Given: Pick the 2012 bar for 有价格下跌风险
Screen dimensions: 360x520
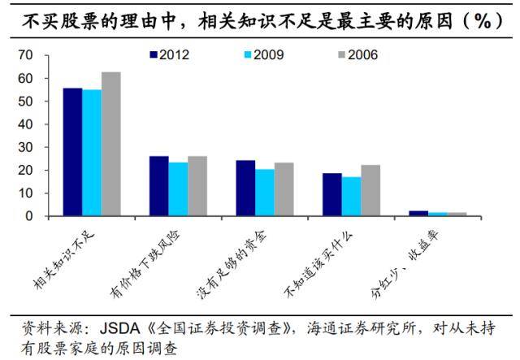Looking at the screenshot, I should tap(158, 186).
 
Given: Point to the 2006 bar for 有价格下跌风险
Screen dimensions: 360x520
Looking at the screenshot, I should tap(197, 186).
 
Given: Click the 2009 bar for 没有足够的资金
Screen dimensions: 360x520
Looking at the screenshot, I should tap(264, 193).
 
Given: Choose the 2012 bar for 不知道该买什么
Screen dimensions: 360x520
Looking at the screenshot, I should tap(331, 195).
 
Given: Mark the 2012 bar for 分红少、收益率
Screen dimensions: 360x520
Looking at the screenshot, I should tap(418, 214).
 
